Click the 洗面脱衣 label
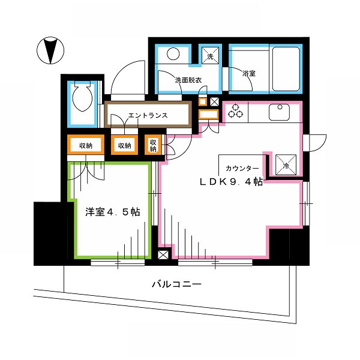pos(188,79)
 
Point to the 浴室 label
pos(249,74)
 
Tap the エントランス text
pos(147,115)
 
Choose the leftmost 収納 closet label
pos(85,145)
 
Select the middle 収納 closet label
pos(125,145)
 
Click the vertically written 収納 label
pos(154,145)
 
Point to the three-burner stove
pos(235,111)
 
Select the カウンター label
pos(242,169)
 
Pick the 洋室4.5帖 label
pos(112,212)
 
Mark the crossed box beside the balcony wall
pos(163,254)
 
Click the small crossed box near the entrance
pos(215,101)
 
